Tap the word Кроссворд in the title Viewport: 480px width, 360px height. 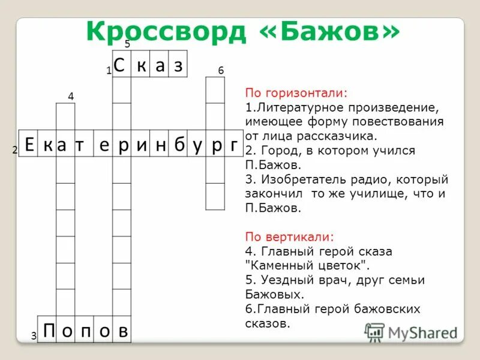click(165, 31)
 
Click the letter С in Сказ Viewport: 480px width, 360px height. click(121, 65)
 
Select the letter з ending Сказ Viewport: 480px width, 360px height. click(178, 65)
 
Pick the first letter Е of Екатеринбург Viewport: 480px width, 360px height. click(28, 143)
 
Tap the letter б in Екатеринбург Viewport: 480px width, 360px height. click(178, 143)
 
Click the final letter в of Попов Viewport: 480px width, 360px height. click(122, 329)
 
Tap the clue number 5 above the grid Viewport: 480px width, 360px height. click(127, 44)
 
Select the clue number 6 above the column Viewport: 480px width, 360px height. click(221, 71)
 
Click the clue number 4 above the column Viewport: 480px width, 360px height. click(71, 96)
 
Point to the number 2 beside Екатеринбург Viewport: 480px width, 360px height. click(14, 151)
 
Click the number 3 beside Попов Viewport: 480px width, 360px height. click(34, 337)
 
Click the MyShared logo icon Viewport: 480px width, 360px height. click(374, 332)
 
